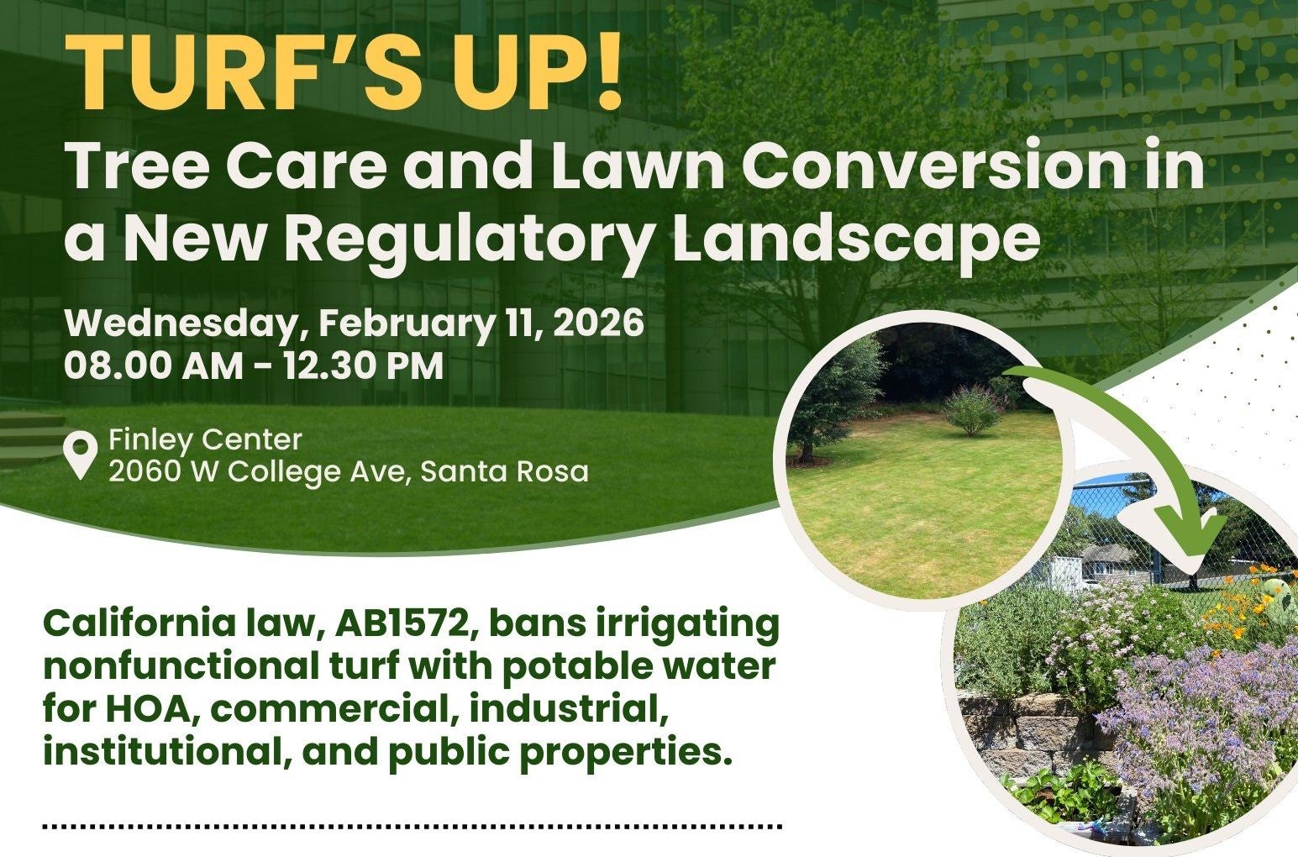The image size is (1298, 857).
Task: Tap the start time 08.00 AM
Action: coord(151,366)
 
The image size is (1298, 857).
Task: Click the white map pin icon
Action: coord(81,455)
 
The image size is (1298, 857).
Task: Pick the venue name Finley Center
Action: coord(205,439)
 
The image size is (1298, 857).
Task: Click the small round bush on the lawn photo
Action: coord(972,410)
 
